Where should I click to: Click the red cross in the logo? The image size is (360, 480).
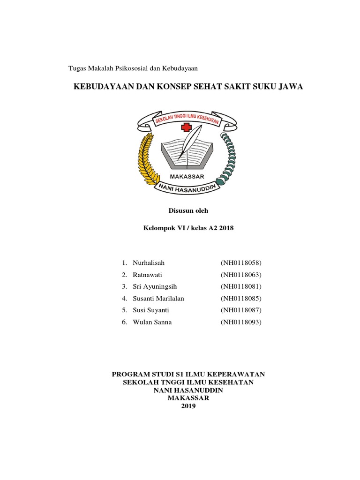click(187, 127)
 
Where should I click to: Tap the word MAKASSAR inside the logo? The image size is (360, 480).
click(187, 177)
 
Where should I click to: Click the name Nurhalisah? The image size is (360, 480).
click(149, 262)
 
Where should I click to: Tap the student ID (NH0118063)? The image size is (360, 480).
click(241, 274)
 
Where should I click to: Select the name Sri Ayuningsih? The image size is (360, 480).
click(155, 286)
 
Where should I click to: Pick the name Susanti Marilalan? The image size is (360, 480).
click(159, 298)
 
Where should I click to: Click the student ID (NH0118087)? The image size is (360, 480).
click(241, 310)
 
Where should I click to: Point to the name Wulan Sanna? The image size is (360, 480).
click(152, 322)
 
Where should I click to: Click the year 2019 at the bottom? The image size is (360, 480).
click(188, 406)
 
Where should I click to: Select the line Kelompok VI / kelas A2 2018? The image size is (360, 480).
click(188, 228)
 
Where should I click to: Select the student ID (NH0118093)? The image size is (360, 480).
click(241, 322)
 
